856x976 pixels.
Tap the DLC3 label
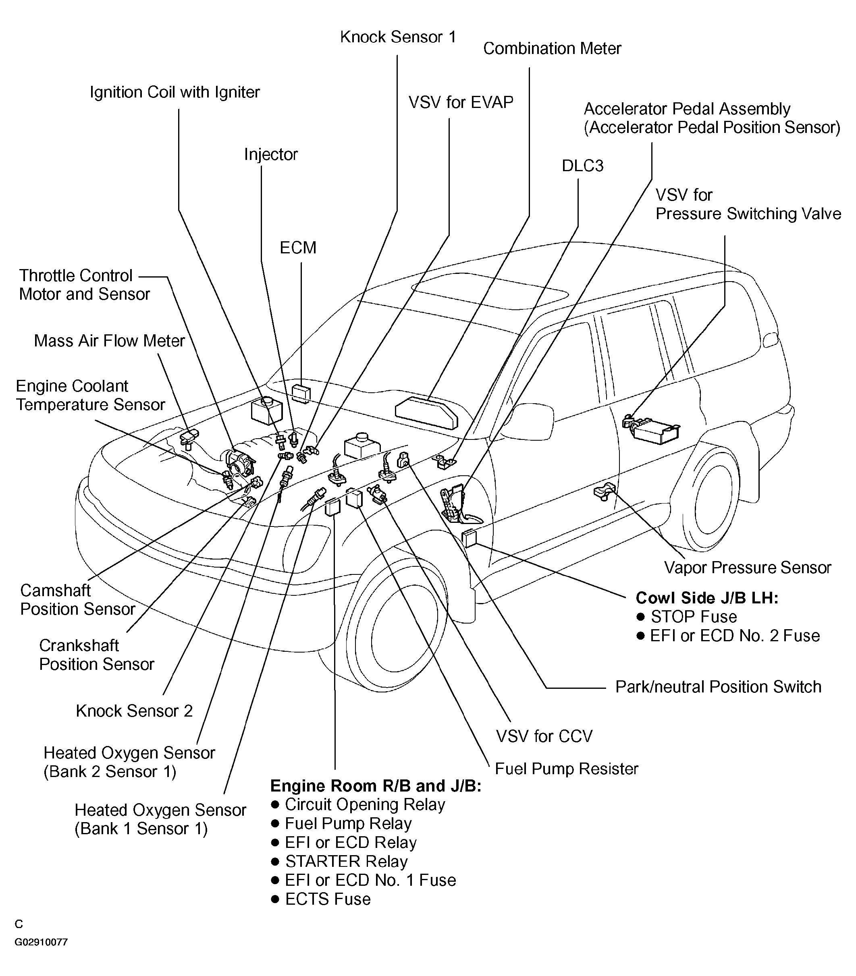pos(582,166)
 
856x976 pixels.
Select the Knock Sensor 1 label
pos(398,37)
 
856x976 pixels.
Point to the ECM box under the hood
pos(301,394)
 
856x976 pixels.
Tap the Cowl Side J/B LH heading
pos(706,598)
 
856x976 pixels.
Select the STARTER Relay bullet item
pos(346,861)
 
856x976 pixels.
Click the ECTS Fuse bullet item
pos(327,899)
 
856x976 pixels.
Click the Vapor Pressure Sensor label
pos(747,567)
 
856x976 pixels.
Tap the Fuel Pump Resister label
pos(566,769)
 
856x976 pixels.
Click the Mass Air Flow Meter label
pos(109,341)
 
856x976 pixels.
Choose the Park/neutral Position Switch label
pos(718,687)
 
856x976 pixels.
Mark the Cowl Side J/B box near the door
pos(470,538)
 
